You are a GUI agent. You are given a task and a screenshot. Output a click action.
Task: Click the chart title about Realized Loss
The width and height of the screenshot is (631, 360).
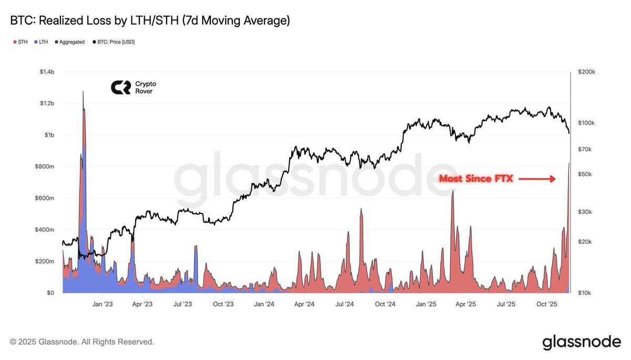click(150, 21)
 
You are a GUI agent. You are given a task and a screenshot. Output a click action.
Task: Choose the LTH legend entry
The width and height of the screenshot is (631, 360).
click(40, 42)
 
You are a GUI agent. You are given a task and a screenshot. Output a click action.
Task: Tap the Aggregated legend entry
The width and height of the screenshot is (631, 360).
click(69, 42)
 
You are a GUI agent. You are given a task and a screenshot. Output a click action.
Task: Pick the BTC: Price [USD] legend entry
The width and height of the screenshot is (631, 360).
click(113, 42)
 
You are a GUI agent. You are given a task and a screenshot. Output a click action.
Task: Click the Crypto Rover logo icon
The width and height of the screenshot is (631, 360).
click(120, 87)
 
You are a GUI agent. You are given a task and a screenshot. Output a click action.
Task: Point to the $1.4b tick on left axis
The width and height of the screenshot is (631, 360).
click(48, 72)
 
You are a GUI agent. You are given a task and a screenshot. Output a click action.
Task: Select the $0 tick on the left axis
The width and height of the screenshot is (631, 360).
click(51, 293)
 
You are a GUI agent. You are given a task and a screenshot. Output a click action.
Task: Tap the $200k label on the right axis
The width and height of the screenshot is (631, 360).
click(587, 72)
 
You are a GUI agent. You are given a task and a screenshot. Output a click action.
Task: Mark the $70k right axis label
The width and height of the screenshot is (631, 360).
click(585, 149)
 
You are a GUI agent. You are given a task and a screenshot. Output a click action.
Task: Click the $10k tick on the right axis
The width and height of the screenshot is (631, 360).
click(585, 293)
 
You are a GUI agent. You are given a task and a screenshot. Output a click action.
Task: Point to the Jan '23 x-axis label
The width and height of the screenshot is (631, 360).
click(102, 304)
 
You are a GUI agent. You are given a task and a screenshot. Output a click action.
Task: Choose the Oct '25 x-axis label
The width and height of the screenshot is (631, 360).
click(547, 304)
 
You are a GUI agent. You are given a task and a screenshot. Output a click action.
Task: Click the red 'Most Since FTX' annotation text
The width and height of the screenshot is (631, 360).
click(475, 179)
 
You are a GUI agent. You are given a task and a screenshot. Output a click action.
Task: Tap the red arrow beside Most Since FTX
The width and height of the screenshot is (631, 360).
click(537, 179)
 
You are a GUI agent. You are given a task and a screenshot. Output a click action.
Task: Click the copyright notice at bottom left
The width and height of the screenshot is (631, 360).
click(82, 342)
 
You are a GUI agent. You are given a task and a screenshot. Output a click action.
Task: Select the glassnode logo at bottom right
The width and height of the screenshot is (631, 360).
click(581, 342)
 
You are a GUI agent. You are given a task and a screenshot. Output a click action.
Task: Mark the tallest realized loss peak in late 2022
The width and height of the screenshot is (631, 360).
click(83, 92)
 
